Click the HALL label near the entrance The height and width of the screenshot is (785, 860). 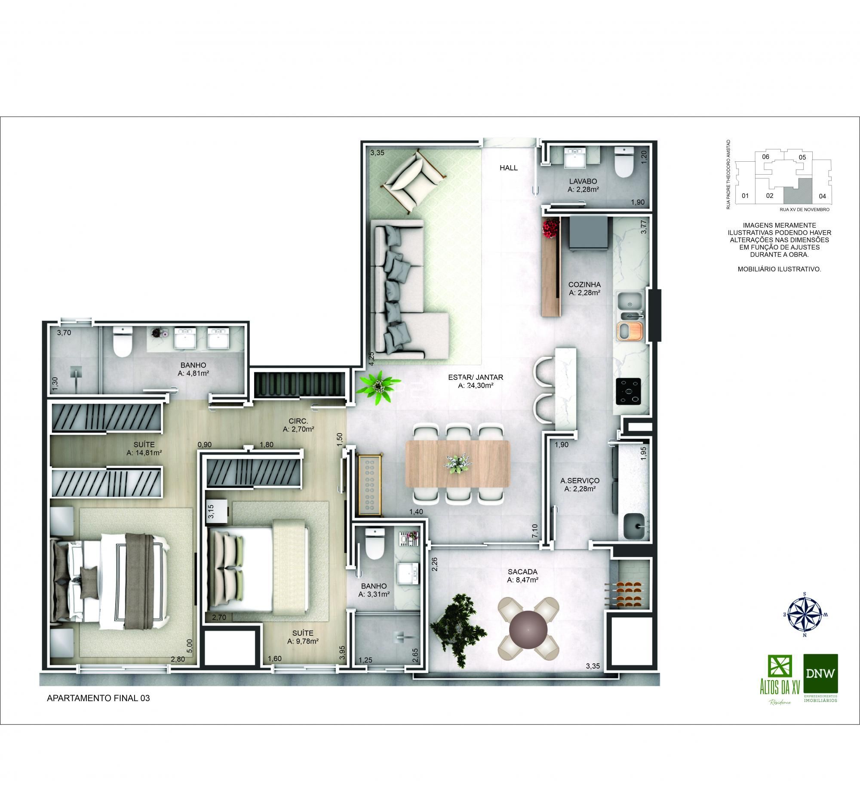point(509,168)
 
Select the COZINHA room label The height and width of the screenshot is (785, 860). point(584,284)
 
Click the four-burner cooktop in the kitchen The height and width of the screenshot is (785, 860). point(628,391)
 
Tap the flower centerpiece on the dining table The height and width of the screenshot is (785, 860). point(458,463)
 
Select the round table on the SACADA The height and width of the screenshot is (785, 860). point(528,630)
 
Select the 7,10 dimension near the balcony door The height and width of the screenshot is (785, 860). point(534,531)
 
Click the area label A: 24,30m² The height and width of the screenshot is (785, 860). point(476,385)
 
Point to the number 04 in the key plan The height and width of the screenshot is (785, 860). point(822,196)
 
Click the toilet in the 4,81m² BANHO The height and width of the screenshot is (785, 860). point(122,342)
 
